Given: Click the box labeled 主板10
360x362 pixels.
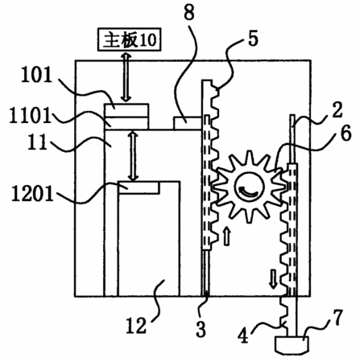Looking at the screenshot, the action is [130, 39].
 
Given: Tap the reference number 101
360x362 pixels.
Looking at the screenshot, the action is [36, 75].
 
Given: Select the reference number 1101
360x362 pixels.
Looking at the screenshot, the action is [30, 115].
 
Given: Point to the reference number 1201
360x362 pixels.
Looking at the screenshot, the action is [33, 194].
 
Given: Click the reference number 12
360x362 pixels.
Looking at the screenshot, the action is [137, 325].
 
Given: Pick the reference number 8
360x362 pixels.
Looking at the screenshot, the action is [189, 12].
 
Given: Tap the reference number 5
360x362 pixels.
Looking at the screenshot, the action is [253, 39].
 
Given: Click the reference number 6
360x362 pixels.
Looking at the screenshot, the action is [346, 134].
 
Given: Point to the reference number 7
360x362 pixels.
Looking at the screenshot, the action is [338, 318].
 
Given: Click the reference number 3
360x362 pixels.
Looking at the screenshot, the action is [201, 329].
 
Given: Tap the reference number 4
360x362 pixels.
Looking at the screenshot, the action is [244, 335].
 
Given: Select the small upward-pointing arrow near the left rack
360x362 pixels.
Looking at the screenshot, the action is [227, 236].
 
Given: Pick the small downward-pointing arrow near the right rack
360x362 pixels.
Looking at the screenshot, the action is [273, 279].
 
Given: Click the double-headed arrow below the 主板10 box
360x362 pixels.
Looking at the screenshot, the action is [126, 76].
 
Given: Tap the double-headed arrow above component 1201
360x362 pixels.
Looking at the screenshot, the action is [133, 155].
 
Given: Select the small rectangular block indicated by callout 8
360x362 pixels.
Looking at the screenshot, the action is [188, 123].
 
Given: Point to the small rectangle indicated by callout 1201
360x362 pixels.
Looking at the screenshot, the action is [139, 187].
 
